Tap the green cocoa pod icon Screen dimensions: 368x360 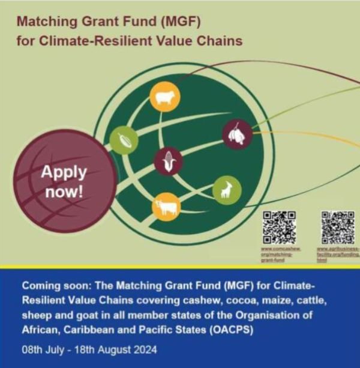[124, 140]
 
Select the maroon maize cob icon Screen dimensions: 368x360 [168, 161]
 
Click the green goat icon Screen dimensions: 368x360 [227, 190]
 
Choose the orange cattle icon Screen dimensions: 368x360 [166, 207]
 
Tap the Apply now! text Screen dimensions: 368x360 [64, 182]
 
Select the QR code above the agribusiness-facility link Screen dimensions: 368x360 [337, 227]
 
